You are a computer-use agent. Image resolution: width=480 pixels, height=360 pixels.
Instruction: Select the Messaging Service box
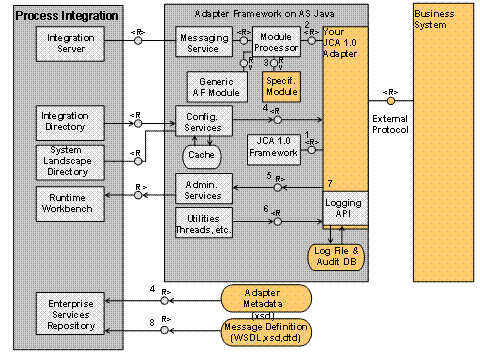click(x=203, y=43)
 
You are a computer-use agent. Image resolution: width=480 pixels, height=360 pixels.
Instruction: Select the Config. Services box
click(x=203, y=122)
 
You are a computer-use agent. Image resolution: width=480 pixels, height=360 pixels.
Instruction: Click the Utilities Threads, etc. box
click(x=203, y=223)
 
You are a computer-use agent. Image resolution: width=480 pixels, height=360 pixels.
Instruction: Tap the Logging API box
click(x=343, y=209)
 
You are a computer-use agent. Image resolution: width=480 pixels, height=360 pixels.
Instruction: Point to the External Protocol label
click(x=390, y=129)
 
